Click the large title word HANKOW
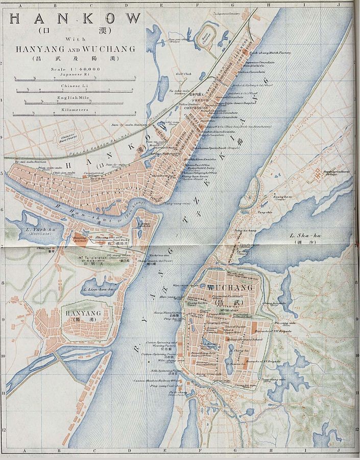click(x=75, y=19)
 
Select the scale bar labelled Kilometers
click(x=75, y=116)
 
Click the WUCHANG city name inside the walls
click(x=223, y=288)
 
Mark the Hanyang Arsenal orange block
click(x=82, y=238)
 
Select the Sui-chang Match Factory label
click(x=270, y=52)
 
